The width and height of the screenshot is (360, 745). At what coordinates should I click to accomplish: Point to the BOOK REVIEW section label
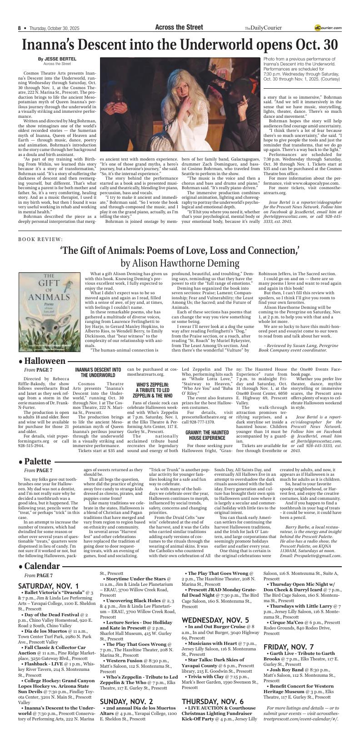tap(40, 239)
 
